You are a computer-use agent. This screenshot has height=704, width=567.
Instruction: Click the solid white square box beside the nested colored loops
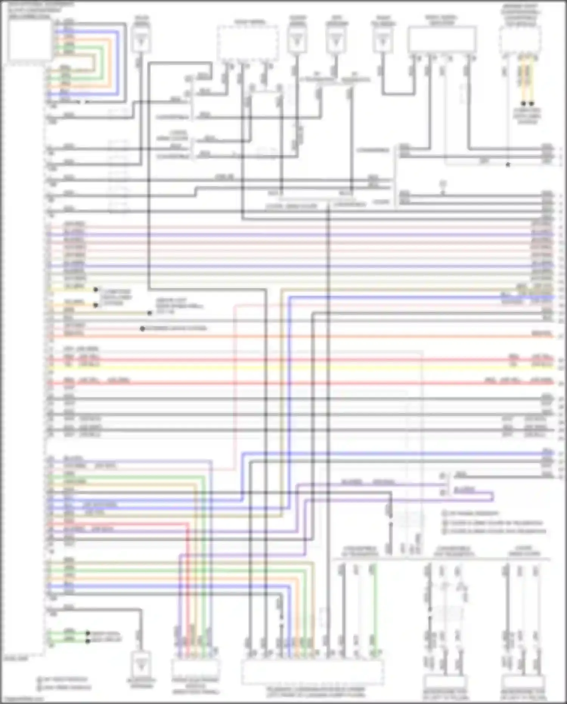point(30,40)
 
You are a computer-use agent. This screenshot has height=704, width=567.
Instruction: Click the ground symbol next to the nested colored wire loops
point(141,42)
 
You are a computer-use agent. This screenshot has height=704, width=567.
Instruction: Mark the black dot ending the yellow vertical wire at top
point(523,103)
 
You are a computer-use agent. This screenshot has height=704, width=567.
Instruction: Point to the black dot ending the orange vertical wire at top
point(532,103)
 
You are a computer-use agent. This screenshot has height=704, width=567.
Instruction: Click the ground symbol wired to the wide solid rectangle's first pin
point(383,42)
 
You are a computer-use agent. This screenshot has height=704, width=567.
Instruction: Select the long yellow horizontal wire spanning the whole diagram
point(302,367)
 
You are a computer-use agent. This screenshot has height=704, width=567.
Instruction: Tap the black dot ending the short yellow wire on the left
point(96,290)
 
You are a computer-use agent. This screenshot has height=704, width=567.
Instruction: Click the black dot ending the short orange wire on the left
point(96,305)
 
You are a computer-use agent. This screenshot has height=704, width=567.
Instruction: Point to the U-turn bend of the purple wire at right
point(493,496)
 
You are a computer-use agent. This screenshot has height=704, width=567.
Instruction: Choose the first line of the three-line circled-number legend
point(472,513)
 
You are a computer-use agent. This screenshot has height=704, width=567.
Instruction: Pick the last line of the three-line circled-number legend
point(495,531)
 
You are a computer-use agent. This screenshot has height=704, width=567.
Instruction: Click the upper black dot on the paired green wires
point(88,633)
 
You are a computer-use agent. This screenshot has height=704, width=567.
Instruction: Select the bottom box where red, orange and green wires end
point(195,670)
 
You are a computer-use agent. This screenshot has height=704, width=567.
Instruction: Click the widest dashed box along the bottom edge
point(312,672)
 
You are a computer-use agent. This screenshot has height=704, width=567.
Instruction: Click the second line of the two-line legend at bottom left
point(64,687)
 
